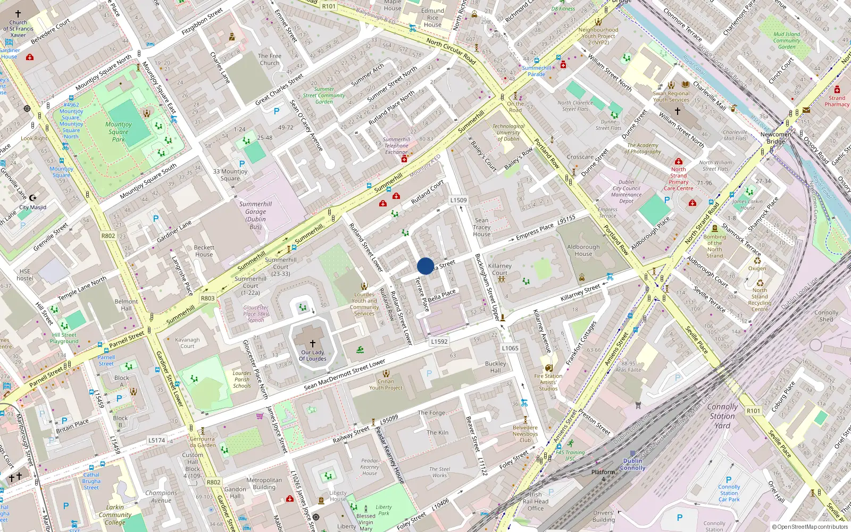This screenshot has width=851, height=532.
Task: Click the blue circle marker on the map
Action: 425,266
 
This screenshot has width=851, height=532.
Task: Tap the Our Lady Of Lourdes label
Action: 313,355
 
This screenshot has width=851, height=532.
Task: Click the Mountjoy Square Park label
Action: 119,132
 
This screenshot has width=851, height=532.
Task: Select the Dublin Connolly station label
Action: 632,464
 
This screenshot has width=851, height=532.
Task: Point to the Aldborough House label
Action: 583,250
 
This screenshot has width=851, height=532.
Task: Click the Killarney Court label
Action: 500,269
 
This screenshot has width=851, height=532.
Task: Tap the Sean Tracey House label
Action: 482,227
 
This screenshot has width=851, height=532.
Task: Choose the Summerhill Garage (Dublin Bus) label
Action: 255,215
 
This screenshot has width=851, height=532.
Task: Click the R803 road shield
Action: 208,298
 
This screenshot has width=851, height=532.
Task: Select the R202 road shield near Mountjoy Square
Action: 108,236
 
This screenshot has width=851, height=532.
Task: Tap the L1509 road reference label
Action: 458,201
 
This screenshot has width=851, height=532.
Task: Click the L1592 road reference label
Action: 439,342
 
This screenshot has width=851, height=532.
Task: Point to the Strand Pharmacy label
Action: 837,101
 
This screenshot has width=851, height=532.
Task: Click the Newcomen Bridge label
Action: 775,138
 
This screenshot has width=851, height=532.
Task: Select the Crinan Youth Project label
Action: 386,384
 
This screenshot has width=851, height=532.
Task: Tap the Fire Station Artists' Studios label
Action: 548,382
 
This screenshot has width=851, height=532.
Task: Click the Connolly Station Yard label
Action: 722,415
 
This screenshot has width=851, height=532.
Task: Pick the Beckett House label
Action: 204,251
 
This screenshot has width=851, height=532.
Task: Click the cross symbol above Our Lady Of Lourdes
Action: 313,344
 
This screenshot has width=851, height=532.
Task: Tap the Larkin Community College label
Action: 115,514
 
